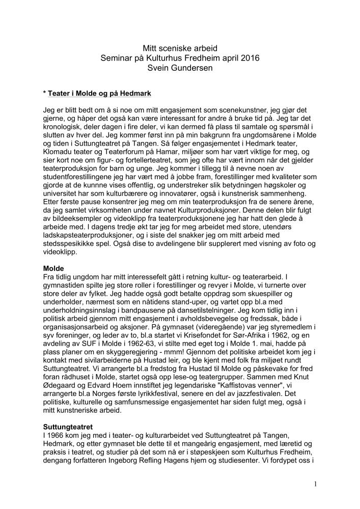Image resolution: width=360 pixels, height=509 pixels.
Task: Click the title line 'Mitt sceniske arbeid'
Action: (180, 48)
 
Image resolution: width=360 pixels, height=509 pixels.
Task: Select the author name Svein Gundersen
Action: (180, 68)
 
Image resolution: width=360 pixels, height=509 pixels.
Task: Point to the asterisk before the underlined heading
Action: (45, 94)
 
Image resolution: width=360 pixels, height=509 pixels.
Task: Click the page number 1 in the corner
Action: (315, 484)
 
